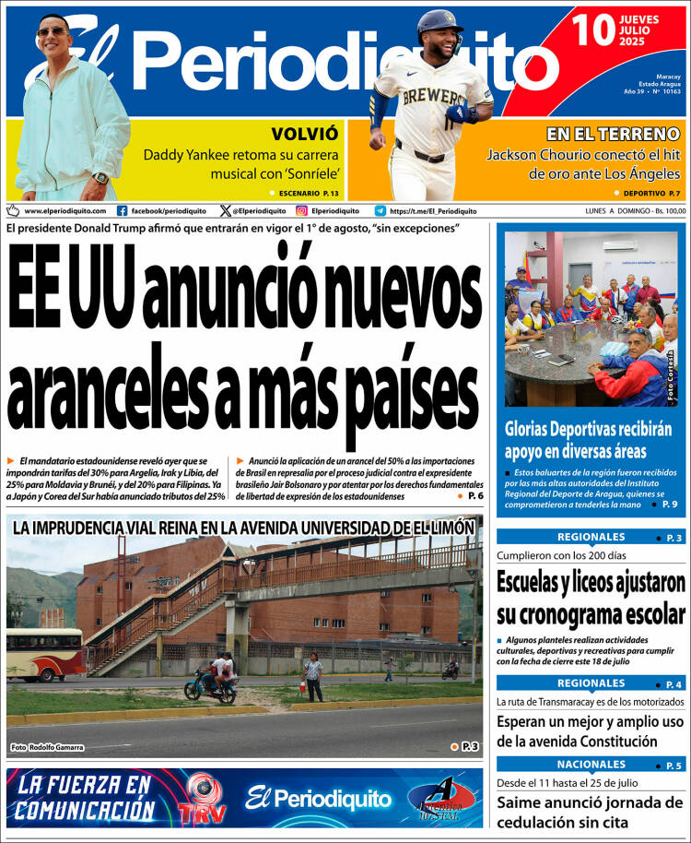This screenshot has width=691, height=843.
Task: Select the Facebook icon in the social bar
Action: (123, 210)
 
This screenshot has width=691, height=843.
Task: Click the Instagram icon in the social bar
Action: (301, 210)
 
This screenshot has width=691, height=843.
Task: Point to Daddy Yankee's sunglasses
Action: (54, 32)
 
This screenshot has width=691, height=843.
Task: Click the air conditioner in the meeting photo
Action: (633, 246)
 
